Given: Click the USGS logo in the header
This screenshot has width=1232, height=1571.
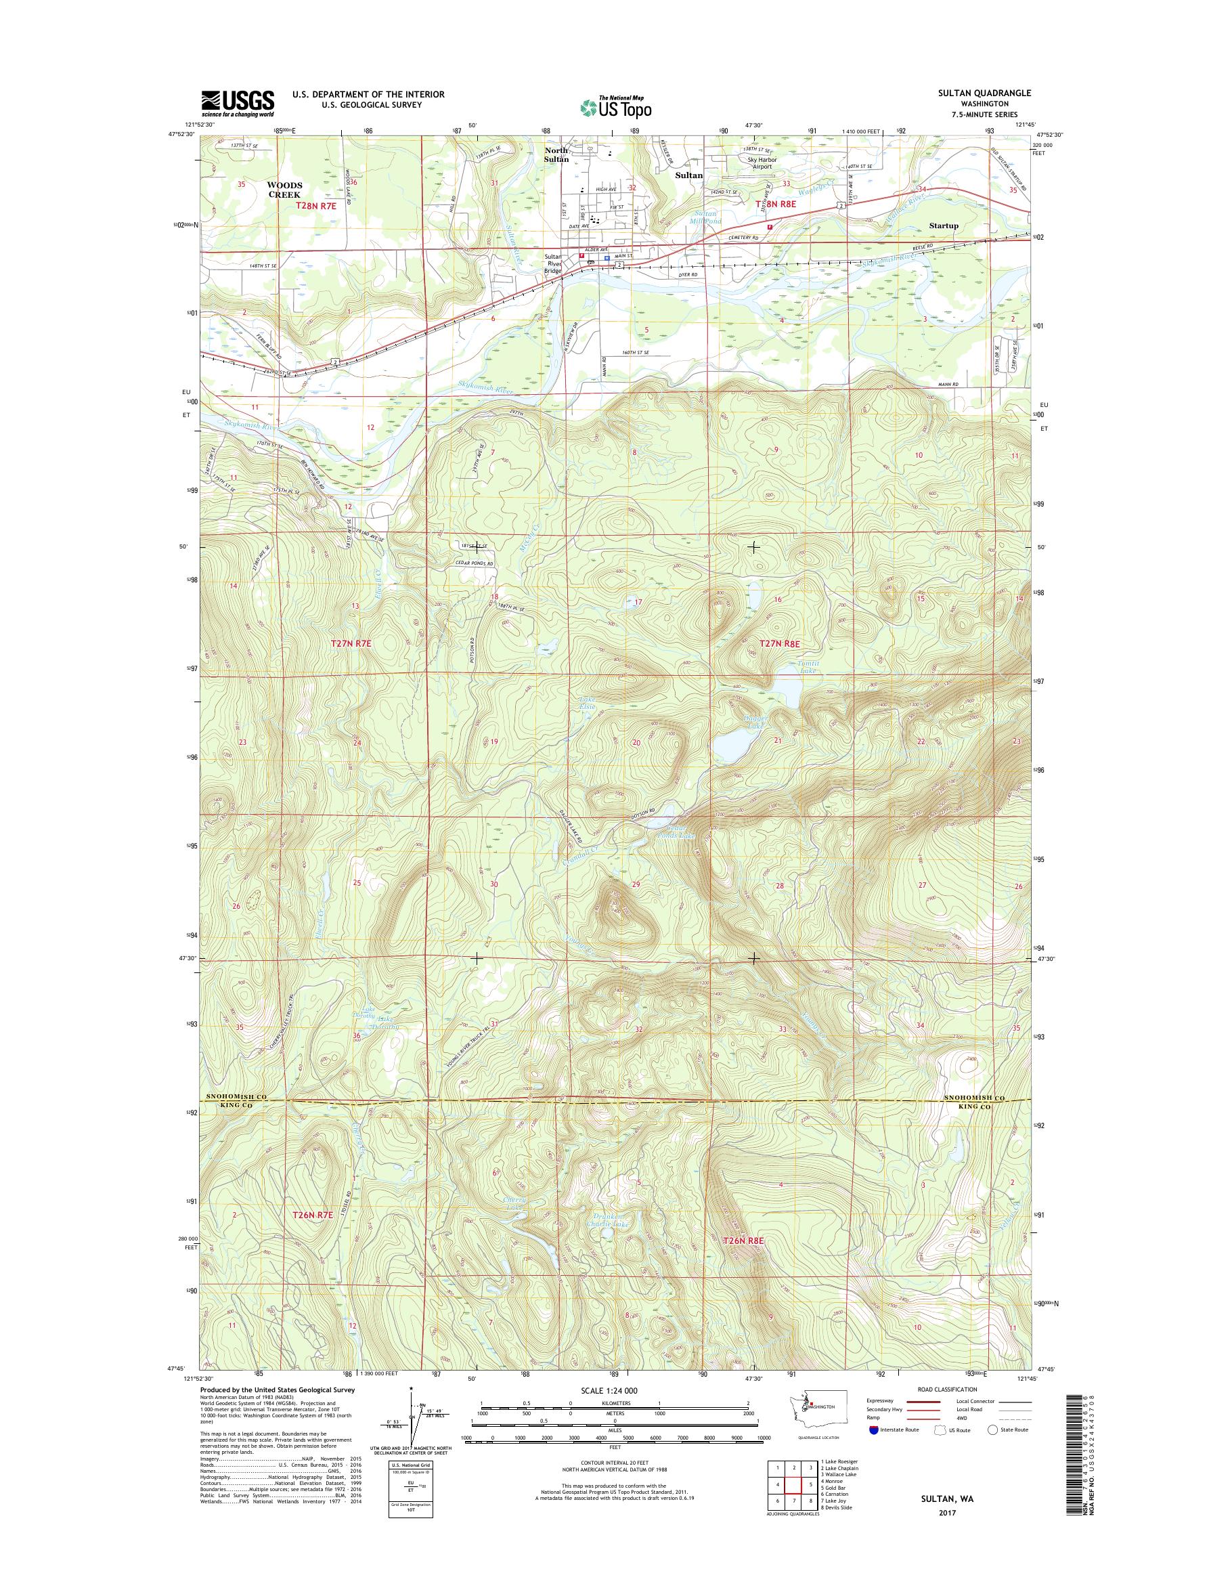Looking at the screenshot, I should (238, 103).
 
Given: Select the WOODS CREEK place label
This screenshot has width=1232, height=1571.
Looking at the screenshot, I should (285, 190).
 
